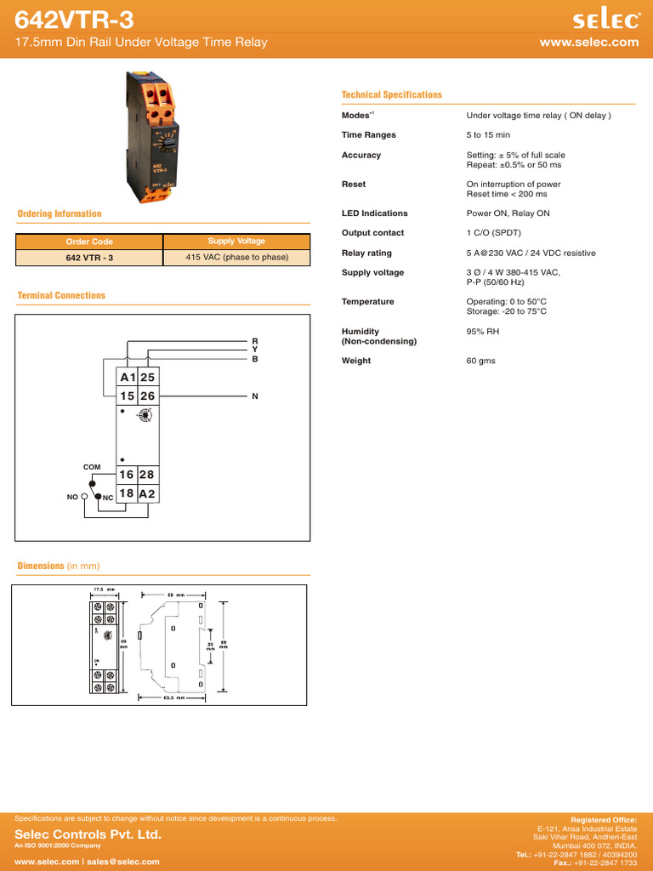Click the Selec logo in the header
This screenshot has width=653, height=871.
coord(605,19)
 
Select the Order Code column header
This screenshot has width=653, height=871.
coord(89,242)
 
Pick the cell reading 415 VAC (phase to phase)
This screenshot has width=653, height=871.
coord(236,257)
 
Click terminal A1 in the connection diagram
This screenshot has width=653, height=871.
coord(127,378)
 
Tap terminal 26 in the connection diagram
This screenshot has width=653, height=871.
coord(147,396)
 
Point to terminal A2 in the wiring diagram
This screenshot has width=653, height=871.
coord(147,494)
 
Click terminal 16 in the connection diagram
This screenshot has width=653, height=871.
coord(127,475)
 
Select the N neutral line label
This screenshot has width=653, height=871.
coord(254,396)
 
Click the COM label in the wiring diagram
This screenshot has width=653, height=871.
coord(91,467)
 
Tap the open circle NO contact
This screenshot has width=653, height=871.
coord(84,495)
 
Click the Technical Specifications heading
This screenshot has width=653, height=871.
coord(391,95)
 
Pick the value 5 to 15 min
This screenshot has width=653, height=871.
coord(488,135)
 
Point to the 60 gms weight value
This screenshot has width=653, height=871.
coord(480,361)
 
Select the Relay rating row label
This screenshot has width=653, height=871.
coord(366,253)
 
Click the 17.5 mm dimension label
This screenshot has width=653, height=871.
coord(104,589)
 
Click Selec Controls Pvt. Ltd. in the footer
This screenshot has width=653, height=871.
coord(88,835)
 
